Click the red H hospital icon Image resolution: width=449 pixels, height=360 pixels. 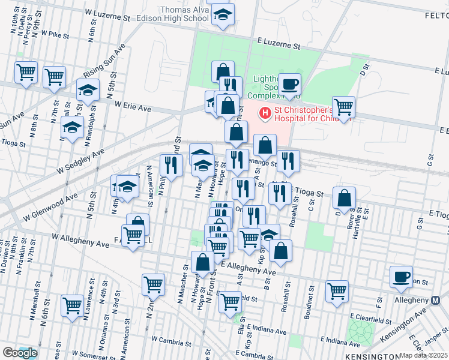tap(265, 113)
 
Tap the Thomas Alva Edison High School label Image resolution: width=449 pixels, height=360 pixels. tap(184, 14)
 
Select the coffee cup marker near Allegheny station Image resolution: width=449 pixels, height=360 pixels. tap(401, 277)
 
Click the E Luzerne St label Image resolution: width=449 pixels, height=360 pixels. tap(279, 45)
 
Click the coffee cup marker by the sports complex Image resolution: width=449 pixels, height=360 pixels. tap(290, 85)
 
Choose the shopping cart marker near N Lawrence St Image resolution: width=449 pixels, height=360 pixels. tap(72, 306)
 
